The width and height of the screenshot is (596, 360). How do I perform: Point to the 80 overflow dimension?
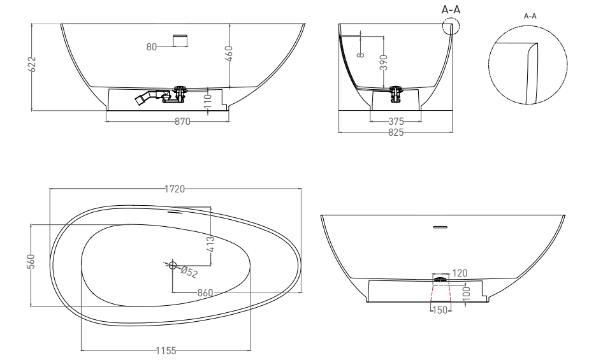pyautogui.click(x=152, y=46)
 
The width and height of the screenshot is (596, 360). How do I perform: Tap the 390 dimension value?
pyautogui.click(x=384, y=62)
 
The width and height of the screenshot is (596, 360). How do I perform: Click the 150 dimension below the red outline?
pyautogui.click(x=440, y=310)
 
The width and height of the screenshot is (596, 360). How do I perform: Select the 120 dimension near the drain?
pyautogui.click(x=460, y=273)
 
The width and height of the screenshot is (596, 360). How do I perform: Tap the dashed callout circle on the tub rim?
pyautogui.click(x=450, y=27)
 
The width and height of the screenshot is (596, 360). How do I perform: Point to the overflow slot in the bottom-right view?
pyautogui.click(x=440, y=227)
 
